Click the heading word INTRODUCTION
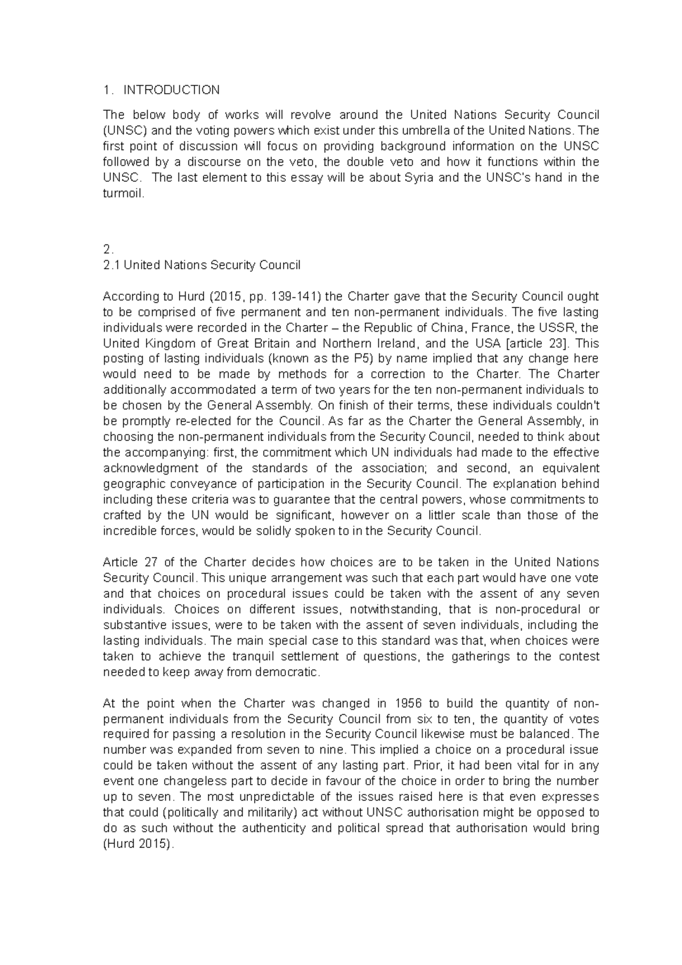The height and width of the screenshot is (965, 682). coord(171,90)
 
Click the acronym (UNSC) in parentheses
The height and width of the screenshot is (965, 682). coord(123,131)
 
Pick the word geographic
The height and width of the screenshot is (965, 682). coord(130,484)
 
